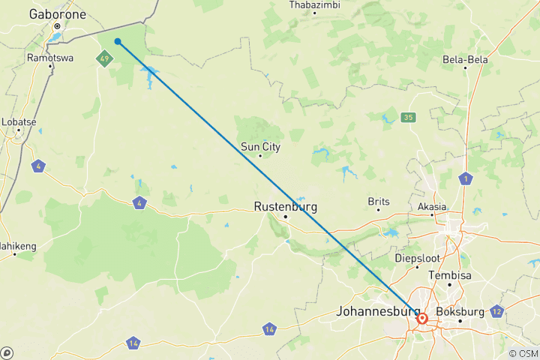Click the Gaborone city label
point(57,14)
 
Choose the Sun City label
point(260,147)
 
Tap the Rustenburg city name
point(285,206)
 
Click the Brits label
point(379,201)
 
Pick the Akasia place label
point(432,206)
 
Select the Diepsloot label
point(417,258)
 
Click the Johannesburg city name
point(377,310)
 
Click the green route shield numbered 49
point(104,58)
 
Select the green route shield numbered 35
point(408,117)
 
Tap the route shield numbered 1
point(466,178)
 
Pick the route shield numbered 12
point(496,310)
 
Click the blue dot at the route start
point(118,41)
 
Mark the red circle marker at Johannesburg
point(422,319)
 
